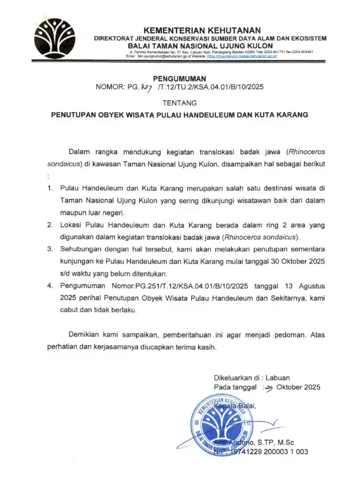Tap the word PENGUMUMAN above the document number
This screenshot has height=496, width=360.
180,78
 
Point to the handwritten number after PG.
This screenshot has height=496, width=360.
145,87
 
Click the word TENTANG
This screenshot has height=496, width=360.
180,102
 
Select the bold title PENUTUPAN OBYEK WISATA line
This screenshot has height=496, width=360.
179,113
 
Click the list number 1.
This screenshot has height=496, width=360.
49,189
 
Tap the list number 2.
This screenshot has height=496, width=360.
49,224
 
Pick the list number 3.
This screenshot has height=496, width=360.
49,248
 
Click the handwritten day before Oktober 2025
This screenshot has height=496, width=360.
268,387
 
